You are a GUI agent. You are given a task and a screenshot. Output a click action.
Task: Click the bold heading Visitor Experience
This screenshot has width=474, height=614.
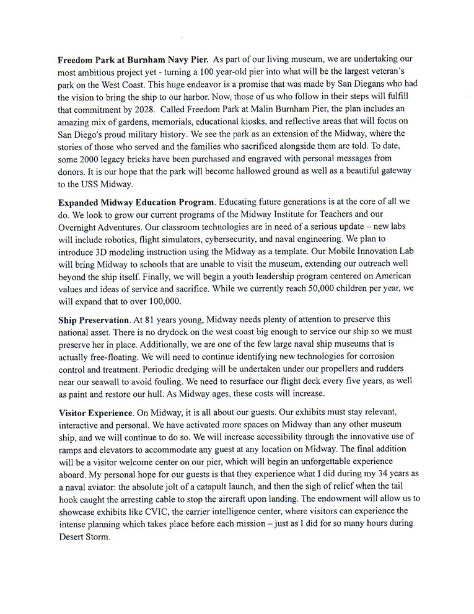point(95,412)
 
